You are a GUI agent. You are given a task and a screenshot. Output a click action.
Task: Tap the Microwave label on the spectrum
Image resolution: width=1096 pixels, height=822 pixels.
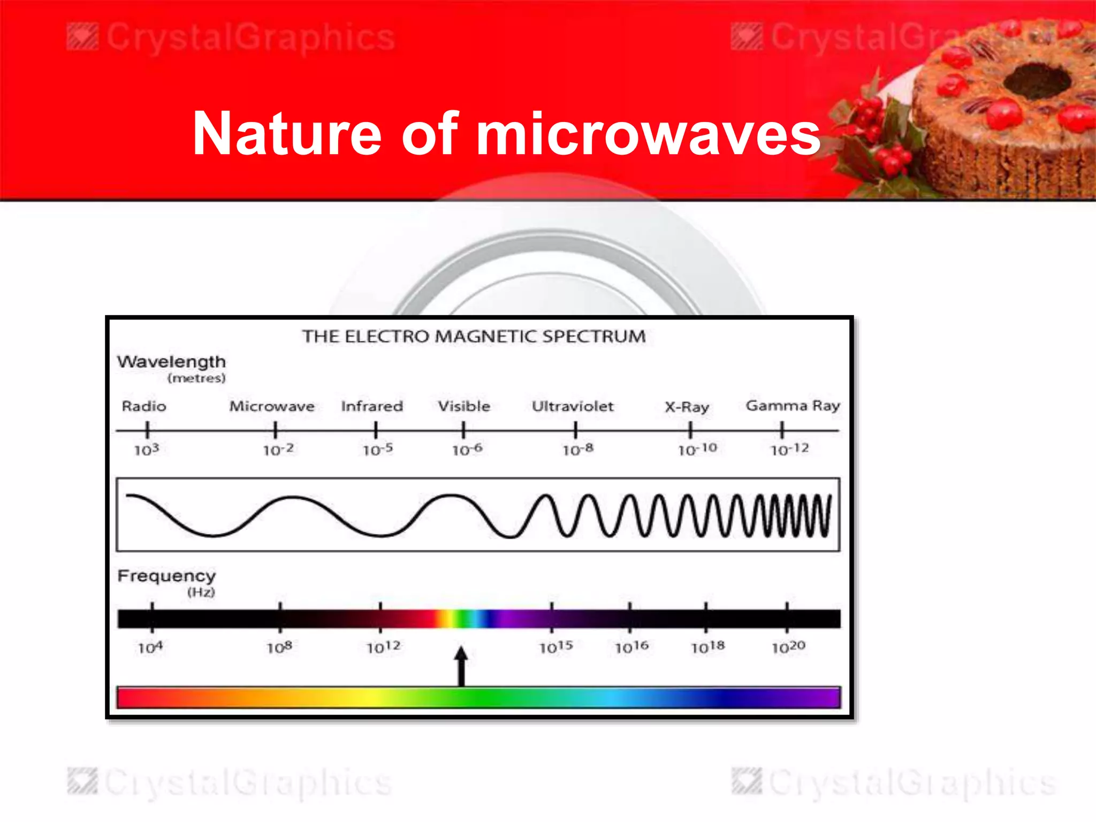[272, 406]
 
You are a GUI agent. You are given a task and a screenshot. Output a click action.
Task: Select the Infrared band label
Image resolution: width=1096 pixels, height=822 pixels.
[372, 406]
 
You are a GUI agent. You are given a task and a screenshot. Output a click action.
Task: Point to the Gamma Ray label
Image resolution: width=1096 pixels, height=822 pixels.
[793, 406]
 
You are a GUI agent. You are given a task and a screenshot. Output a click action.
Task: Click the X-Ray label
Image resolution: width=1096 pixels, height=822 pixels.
[687, 407]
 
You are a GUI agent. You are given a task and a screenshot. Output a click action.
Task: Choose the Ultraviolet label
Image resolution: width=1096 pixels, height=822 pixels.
[572, 406]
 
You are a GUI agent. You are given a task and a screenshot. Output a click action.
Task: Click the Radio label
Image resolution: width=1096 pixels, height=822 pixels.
[144, 406]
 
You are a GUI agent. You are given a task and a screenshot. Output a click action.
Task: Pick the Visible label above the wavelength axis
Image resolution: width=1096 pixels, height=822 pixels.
[464, 406]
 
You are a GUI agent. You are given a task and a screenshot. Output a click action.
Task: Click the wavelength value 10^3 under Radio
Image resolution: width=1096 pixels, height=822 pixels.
[146, 450]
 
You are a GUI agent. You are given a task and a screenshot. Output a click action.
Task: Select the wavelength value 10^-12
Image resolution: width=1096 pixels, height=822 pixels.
[789, 449]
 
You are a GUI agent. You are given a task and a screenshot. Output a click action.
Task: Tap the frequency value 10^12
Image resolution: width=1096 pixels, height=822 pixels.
[383, 648]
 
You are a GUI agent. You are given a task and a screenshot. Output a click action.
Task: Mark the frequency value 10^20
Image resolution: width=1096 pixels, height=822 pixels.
[788, 648]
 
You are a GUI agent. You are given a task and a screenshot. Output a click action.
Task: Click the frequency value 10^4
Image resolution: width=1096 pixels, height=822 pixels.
[150, 648]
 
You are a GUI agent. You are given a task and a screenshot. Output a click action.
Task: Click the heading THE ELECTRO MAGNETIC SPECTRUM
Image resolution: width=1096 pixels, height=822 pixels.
[474, 337]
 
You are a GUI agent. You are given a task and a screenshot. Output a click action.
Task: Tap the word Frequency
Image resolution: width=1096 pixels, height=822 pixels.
[166, 576]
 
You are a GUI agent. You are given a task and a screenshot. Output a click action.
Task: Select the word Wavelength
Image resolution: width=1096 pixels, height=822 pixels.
[171, 362]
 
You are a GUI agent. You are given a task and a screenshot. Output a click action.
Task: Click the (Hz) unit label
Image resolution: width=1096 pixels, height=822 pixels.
[201, 592]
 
